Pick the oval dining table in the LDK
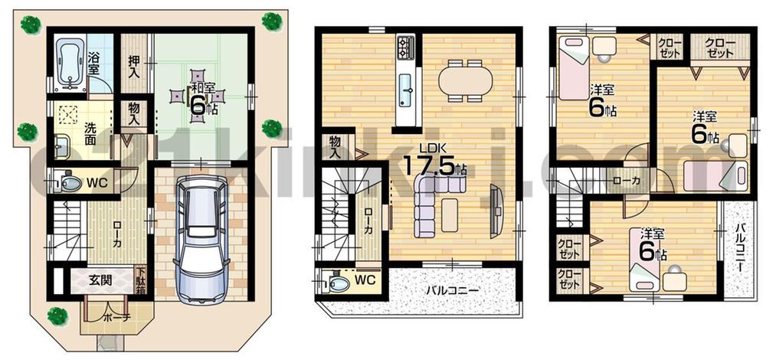click(x=466, y=79)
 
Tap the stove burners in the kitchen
click(x=406, y=47)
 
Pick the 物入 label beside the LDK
click(x=335, y=145)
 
